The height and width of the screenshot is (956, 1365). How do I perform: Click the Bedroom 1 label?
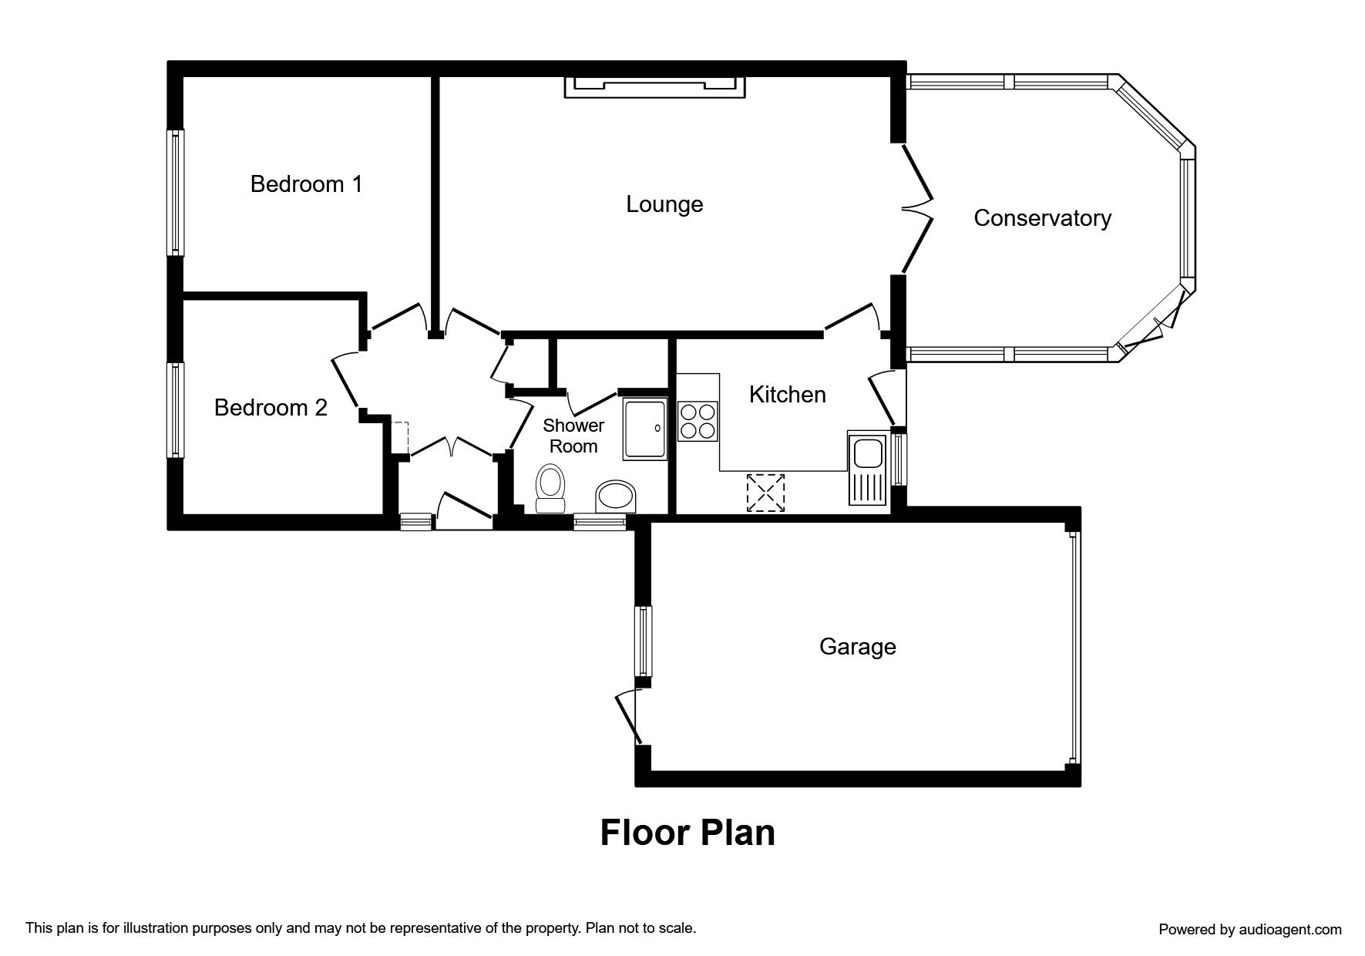[306, 184]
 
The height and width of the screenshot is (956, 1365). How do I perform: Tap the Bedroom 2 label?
[271, 407]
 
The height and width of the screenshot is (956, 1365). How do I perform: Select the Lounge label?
[664, 204]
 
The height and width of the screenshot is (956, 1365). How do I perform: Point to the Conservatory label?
[1042, 218]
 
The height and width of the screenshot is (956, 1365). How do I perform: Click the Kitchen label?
[787, 395]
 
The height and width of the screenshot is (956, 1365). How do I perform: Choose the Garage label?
[857, 646]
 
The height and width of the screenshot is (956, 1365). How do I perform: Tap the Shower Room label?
[573, 436]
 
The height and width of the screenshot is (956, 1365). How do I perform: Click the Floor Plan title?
[688, 833]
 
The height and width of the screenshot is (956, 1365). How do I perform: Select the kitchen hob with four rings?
[698, 421]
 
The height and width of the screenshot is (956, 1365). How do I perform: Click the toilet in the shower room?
[550, 489]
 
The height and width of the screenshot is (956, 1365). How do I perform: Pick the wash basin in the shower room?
[616, 497]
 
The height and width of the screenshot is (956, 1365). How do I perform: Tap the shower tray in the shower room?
[644, 429]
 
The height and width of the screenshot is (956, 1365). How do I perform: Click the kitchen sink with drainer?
[869, 467]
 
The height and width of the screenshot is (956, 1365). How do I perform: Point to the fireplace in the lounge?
[655, 87]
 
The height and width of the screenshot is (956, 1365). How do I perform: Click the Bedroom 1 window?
[177, 192]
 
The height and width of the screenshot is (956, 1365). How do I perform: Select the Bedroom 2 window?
[177, 410]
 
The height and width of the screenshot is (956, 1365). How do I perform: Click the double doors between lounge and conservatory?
[914, 207]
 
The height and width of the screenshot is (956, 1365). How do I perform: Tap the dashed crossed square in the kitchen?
[765, 493]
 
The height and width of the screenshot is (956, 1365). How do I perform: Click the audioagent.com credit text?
[1250, 930]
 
